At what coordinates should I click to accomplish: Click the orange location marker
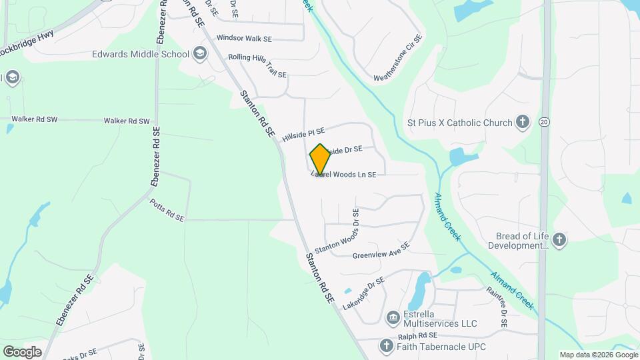(x=321, y=159)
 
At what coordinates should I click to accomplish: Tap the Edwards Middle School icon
(x=199, y=53)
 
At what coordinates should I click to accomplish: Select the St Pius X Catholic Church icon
(x=523, y=122)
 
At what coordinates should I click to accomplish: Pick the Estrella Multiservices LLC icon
(x=393, y=316)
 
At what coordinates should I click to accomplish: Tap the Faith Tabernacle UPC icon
(x=385, y=345)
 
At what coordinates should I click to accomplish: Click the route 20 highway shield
(x=545, y=123)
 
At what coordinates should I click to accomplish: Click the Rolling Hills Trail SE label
(x=257, y=65)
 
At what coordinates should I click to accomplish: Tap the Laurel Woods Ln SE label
(x=345, y=175)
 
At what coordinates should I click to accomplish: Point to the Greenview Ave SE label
(x=381, y=249)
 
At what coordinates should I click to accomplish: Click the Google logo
(x=22, y=351)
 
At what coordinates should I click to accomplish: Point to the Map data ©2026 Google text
(x=598, y=355)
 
